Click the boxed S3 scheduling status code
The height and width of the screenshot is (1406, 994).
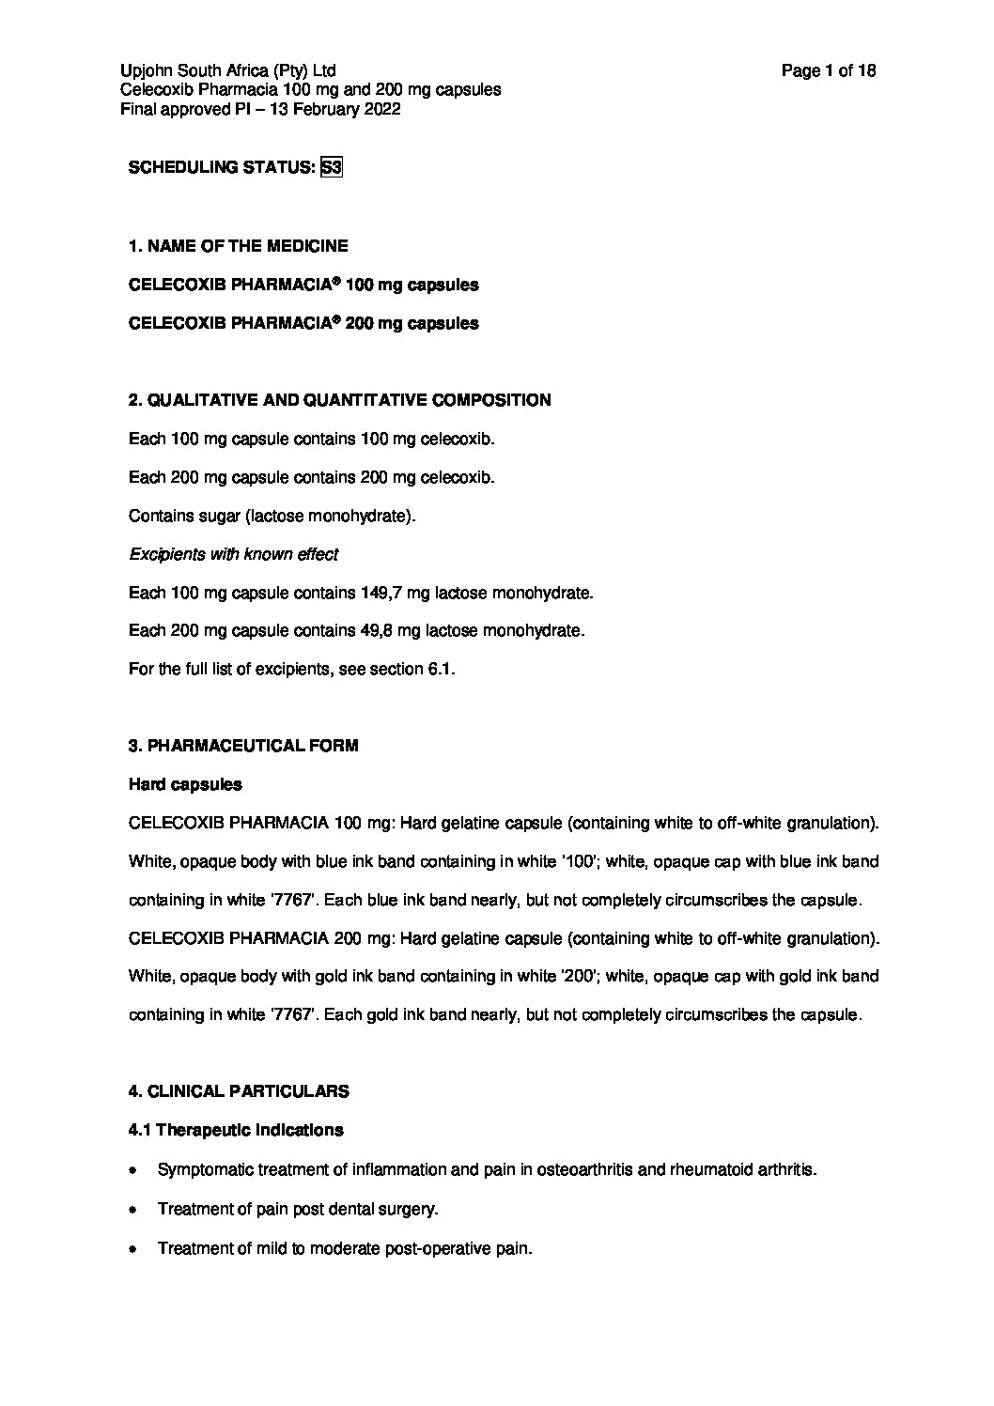tap(332, 168)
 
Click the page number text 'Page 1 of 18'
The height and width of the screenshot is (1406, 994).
tap(829, 70)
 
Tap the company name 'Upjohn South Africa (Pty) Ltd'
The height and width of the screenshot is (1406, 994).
tap(228, 70)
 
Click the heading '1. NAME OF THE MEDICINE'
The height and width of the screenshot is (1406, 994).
tap(238, 246)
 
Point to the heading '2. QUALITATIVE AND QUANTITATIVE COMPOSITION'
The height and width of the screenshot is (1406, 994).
tap(339, 400)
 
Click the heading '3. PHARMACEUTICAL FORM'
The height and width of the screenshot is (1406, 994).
tap(243, 746)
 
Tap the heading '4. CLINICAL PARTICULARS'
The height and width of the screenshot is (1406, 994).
tap(239, 1091)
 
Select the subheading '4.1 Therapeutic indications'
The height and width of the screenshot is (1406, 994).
tap(236, 1130)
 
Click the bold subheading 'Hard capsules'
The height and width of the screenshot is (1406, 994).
tap(185, 784)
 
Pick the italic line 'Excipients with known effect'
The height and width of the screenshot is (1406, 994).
tap(233, 554)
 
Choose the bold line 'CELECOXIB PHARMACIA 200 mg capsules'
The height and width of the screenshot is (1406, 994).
tap(303, 323)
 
